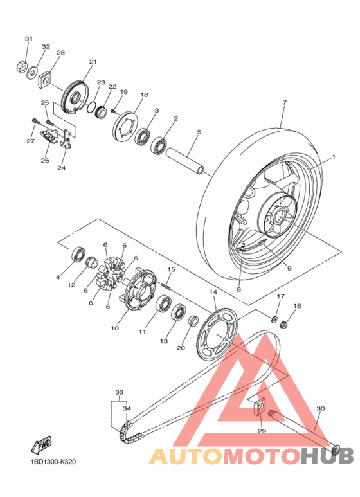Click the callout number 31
28,39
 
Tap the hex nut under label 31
21,67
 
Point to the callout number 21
93,62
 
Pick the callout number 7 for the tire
284,102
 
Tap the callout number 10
115,328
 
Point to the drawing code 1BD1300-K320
52,462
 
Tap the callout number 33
119,392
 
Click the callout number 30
321,408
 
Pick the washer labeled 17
275,318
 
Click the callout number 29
261,430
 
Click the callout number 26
44,160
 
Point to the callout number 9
289,268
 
